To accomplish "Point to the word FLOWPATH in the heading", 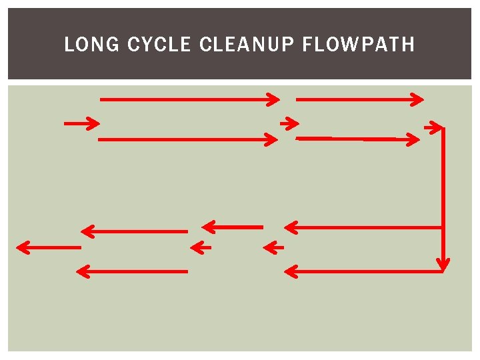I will [358, 45].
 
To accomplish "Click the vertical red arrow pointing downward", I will [443, 200].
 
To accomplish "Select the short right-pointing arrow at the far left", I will [81, 123].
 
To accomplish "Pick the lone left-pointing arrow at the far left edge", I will [48, 247].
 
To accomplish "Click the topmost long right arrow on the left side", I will [189, 99].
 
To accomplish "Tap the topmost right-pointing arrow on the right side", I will [359, 99].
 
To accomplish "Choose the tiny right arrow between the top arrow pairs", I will [289, 123].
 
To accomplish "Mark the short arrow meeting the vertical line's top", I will [433, 127].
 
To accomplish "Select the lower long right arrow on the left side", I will [188, 139].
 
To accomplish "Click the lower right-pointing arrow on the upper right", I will [358, 139].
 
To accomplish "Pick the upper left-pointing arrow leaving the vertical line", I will [364, 227].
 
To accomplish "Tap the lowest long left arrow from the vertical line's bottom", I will [364, 271].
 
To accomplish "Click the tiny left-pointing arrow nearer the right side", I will [273, 248].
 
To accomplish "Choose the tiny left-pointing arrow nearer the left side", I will [200, 248].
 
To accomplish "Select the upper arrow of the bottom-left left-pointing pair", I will [134, 231].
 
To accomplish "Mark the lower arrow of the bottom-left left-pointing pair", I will [132, 271].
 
